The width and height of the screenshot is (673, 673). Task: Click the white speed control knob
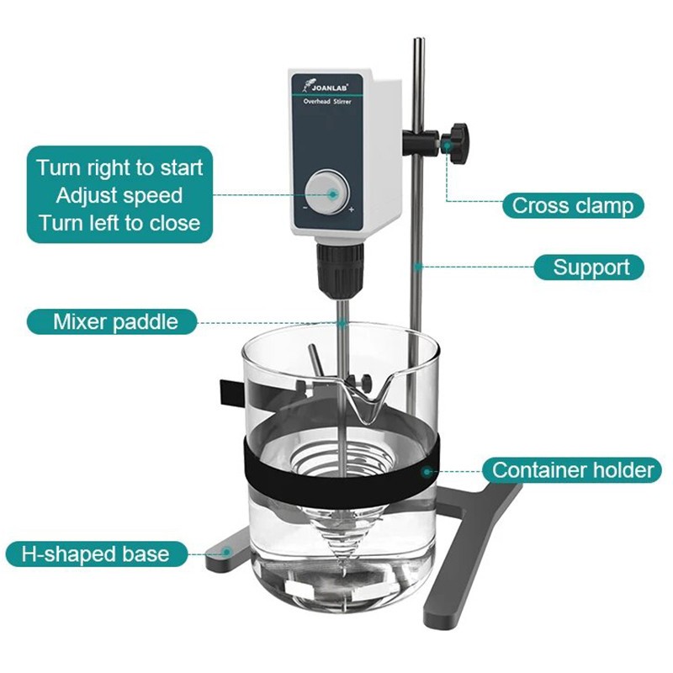coord(327,193)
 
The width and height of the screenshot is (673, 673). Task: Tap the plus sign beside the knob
coord(352,209)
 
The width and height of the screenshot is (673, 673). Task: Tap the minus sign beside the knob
coord(305,208)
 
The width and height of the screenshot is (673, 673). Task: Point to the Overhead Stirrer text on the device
coord(327,102)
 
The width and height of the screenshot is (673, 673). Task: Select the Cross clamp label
coord(573,205)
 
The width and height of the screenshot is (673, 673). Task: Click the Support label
coord(589,268)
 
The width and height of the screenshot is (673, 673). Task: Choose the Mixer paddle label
coord(113,321)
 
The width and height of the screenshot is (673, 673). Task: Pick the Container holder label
coord(572,470)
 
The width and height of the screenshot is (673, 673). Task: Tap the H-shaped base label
coord(96,554)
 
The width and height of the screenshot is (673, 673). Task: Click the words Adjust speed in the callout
coord(119,196)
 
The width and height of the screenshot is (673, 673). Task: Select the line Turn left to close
coord(119,223)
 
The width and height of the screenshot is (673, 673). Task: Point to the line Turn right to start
coord(119,167)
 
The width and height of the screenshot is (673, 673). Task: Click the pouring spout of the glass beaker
coord(369,397)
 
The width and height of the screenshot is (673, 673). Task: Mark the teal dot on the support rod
coord(418,267)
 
